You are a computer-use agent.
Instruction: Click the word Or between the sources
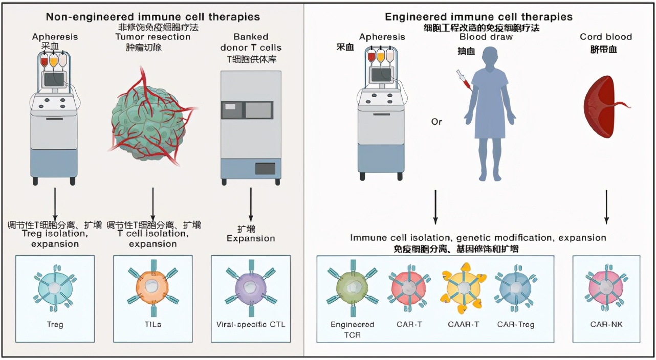coord(436,122)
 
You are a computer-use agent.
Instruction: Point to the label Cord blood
coord(606,37)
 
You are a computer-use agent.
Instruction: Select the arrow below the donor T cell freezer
coord(251,205)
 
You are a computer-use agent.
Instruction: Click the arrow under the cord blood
coord(606,207)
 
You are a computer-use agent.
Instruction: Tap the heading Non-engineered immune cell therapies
coord(152,16)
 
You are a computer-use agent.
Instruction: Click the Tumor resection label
coord(152,37)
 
